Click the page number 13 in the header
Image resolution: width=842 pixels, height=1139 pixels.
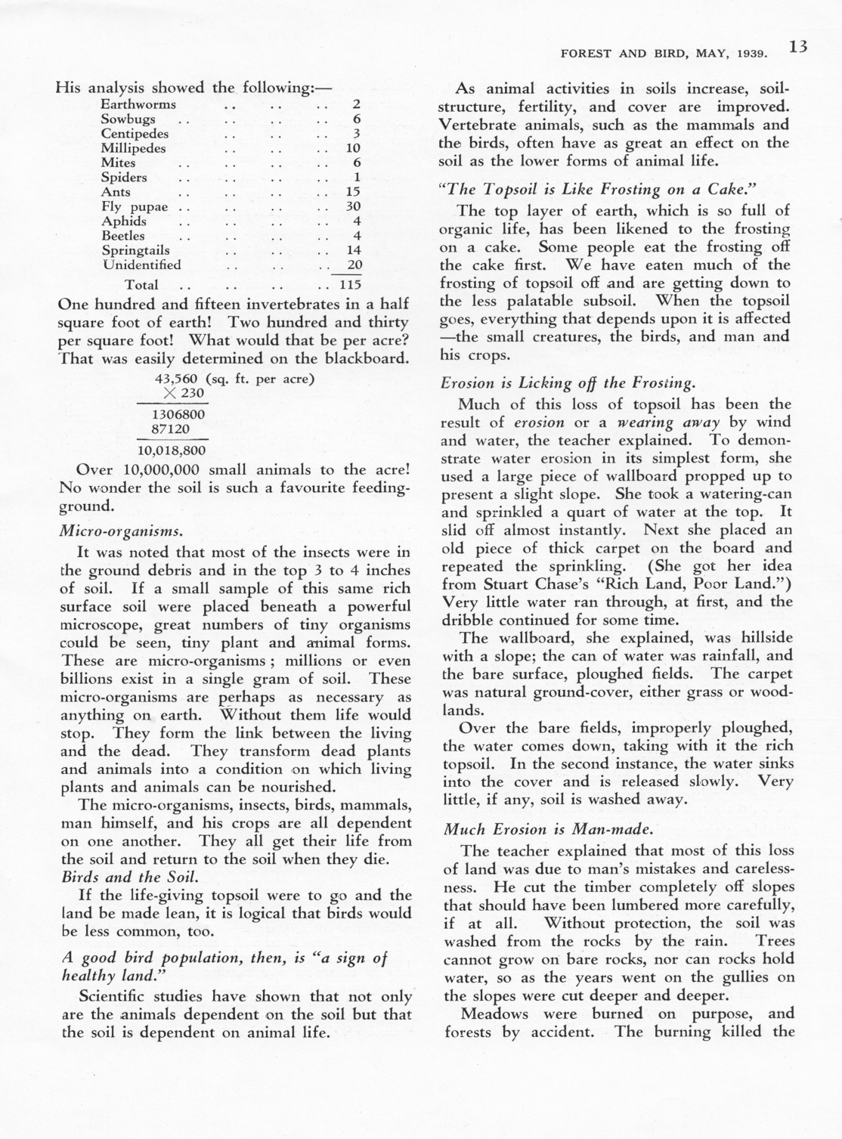pyautogui.click(x=797, y=48)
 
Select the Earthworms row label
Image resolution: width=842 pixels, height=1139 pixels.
pyautogui.click(x=138, y=104)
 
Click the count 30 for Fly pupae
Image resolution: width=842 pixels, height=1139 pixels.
pyautogui.click(x=352, y=206)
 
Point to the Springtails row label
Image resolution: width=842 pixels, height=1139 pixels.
pyautogui.click(x=135, y=250)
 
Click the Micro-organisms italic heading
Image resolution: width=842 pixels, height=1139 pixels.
pyautogui.click(x=120, y=531)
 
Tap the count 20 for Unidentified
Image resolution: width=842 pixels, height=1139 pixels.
pyautogui.click(x=352, y=265)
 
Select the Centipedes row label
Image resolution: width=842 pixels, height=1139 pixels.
pyautogui.click(x=135, y=134)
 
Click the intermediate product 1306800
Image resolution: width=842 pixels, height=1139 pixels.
pyautogui.click(x=179, y=415)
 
